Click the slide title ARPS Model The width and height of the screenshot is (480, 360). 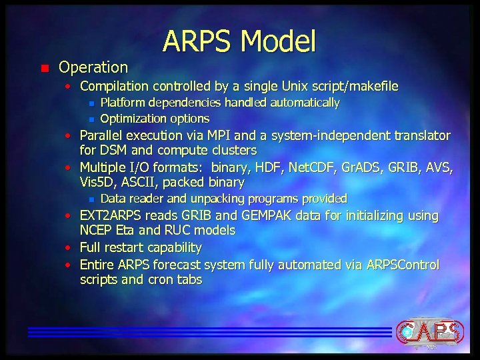click(x=239, y=41)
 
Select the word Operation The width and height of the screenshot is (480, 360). click(x=93, y=67)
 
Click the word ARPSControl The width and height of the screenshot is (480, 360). click(x=403, y=265)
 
